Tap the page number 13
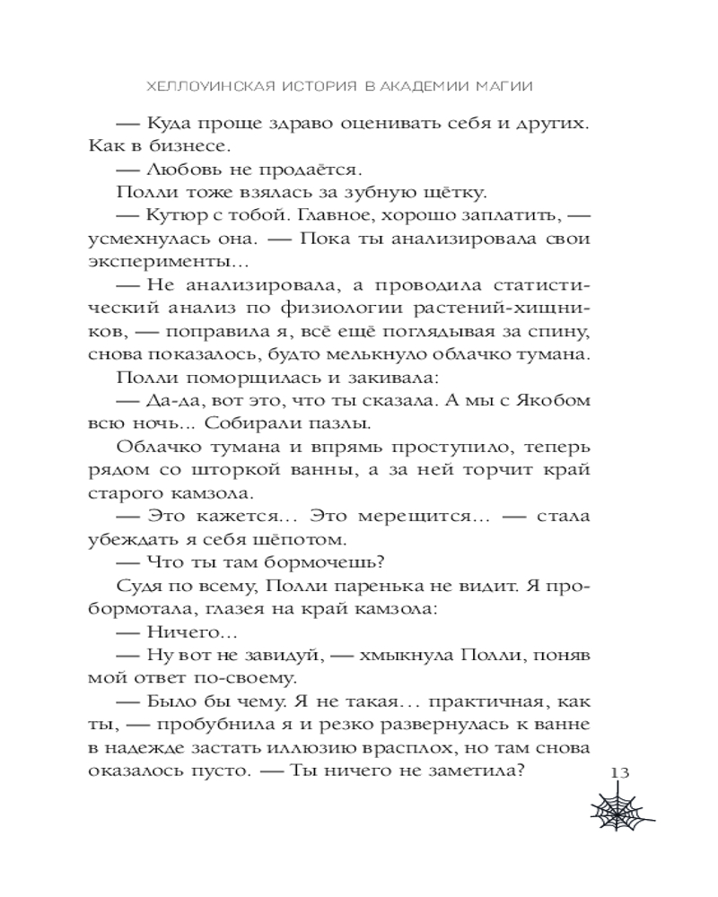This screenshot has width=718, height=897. (621, 773)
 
